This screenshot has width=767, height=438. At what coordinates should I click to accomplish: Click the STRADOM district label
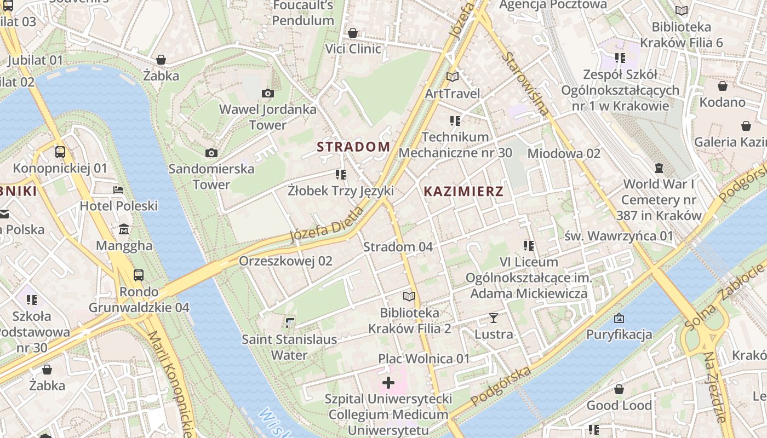coord(353,147)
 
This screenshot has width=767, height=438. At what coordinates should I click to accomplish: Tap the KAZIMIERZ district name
coord(463,192)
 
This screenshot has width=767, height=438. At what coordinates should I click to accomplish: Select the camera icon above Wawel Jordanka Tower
coord(268,93)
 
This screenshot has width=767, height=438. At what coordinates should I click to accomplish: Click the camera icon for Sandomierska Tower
coord(211,153)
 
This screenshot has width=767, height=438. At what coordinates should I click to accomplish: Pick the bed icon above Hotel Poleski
coord(118,190)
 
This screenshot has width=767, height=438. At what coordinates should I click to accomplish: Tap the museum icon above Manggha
coord(124,229)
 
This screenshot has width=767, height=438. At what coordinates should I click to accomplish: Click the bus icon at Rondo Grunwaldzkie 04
coord(139,275)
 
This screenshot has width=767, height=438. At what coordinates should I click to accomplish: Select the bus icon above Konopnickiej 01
coord(60,152)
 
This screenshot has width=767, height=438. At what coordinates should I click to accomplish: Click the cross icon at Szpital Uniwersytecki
coord(388,382)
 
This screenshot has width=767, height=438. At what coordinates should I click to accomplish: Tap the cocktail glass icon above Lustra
coord(494,318)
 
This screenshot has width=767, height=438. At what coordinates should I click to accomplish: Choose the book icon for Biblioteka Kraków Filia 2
coord(409,297)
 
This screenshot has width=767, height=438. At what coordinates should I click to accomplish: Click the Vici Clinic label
coord(353,49)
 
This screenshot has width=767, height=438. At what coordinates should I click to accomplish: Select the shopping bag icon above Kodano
coord(723,86)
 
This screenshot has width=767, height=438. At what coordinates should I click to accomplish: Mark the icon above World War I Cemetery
coord(659,168)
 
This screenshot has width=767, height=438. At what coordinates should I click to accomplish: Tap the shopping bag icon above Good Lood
coord(619,389)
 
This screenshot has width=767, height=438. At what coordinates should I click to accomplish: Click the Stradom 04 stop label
coord(398,247)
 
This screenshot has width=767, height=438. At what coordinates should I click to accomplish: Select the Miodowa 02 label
coord(564,153)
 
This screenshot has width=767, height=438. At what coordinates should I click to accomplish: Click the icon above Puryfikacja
coord(619,318)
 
